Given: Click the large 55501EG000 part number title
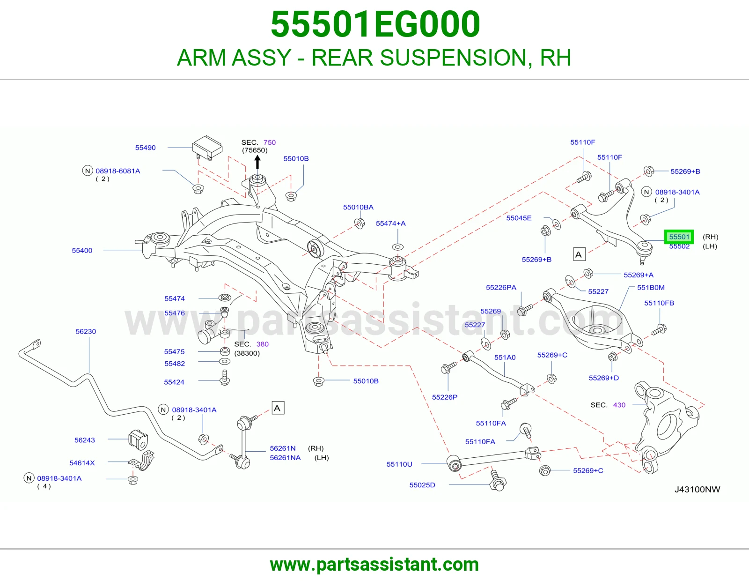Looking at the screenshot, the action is point(375,24).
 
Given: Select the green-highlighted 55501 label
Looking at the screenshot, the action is point(679,237).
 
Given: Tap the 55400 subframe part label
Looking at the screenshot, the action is point(82,251).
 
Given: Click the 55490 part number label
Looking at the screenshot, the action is point(145,148).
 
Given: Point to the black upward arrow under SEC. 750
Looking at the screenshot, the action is point(257,162).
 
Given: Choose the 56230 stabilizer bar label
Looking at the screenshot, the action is point(86,331).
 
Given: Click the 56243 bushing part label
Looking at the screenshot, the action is point(84,440).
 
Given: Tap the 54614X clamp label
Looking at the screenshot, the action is point(82,462).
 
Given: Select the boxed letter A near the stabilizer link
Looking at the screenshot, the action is point(278,408).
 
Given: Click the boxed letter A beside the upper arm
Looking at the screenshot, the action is point(579,254).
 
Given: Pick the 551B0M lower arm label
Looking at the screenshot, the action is point(651,287).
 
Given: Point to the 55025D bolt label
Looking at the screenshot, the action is point(422,485).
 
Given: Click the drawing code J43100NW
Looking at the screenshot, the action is point(698,489).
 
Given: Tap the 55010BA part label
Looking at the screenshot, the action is point(358,207).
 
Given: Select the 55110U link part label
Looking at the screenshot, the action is point(399,464).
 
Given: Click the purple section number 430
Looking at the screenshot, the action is point(619,405).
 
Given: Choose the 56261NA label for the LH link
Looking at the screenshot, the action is point(285,457).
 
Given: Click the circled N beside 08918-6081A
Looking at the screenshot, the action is point(88,171).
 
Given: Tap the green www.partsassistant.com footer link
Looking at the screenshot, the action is point(374,565).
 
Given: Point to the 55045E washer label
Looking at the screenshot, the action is point(519,218).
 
